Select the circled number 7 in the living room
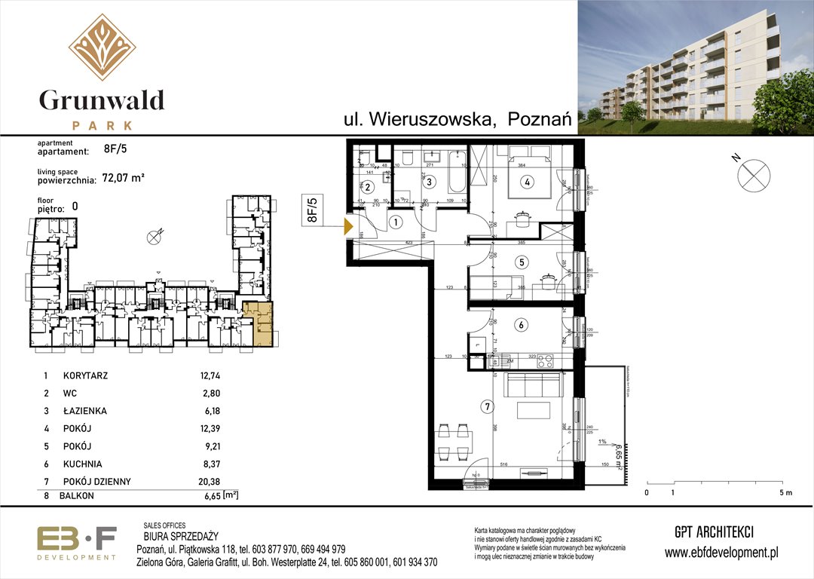click(x=488, y=408)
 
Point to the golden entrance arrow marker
click(x=349, y=225)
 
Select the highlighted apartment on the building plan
click(x=259, y=323)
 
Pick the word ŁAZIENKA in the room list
click(x=85, y=412)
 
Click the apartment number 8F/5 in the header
click(x=115, y=150)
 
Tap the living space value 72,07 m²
click(x=123, y=179)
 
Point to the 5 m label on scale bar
click(x=785, y=493)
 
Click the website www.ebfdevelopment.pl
click(x=721, y=553)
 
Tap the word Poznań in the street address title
click(x=540, y=119)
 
